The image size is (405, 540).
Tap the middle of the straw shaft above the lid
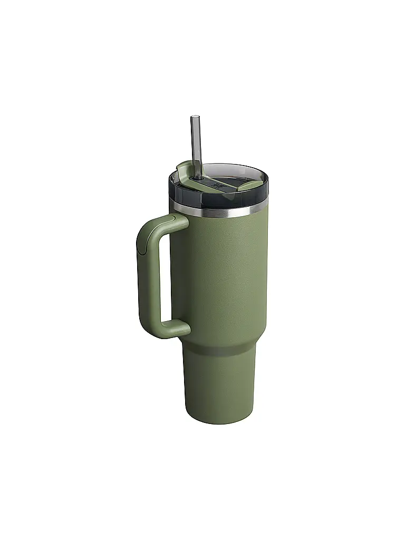tap(196, 142)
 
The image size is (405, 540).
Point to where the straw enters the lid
tap(196, 175)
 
